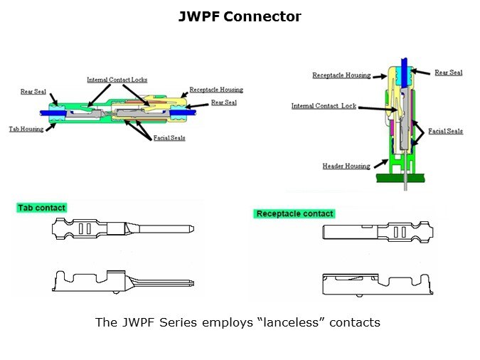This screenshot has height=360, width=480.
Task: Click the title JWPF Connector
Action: (240, 16)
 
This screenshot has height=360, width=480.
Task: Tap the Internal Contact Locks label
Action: (117, 80)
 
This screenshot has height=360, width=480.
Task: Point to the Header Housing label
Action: (346, 166)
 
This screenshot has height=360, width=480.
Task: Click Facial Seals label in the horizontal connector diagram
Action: (169, 138)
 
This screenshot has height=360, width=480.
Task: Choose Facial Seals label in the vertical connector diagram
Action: (446, 132)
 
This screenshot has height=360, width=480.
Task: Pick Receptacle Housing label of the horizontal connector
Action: (216, 90)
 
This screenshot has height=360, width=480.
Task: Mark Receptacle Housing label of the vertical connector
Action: (339, 75)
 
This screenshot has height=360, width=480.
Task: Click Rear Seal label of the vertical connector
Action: (448, 73)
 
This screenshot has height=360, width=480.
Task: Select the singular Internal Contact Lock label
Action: (324, 107)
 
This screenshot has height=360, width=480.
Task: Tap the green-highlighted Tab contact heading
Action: (41, 208)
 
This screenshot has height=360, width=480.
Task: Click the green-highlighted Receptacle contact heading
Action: (294, 213)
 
